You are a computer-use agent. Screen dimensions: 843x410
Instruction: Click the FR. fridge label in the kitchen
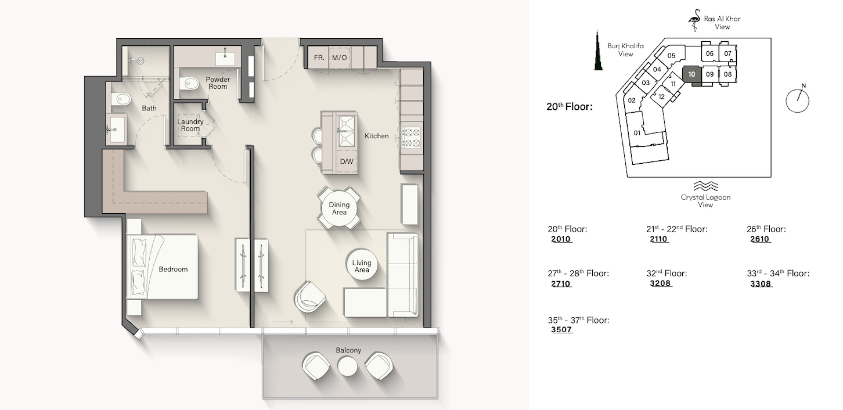pos(319,58)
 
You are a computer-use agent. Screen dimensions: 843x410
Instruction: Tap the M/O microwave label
pos(339,58)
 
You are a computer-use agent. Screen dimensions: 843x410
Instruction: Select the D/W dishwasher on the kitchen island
pos(347,161)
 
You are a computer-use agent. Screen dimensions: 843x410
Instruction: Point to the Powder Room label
pos(218,83)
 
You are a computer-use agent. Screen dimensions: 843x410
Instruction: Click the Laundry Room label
pos(190,125)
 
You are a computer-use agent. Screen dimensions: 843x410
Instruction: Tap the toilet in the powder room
pos(189,83)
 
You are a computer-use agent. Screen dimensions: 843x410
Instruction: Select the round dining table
pos(339,208)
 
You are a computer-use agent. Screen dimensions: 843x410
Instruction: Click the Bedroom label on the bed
pos(173,269)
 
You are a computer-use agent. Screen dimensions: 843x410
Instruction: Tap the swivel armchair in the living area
pos(309,297)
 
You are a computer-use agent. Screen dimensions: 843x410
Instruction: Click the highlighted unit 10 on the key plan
pos(691,74)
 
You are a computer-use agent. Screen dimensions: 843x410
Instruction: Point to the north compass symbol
pos(797,100)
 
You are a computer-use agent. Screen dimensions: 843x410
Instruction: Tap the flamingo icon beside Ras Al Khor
pos(695,20)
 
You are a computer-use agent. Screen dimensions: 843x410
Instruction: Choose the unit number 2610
pos(760,239)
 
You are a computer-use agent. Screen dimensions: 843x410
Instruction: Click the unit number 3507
pos(562,330)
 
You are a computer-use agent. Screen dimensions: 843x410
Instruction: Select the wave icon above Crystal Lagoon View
pos(706,186)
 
